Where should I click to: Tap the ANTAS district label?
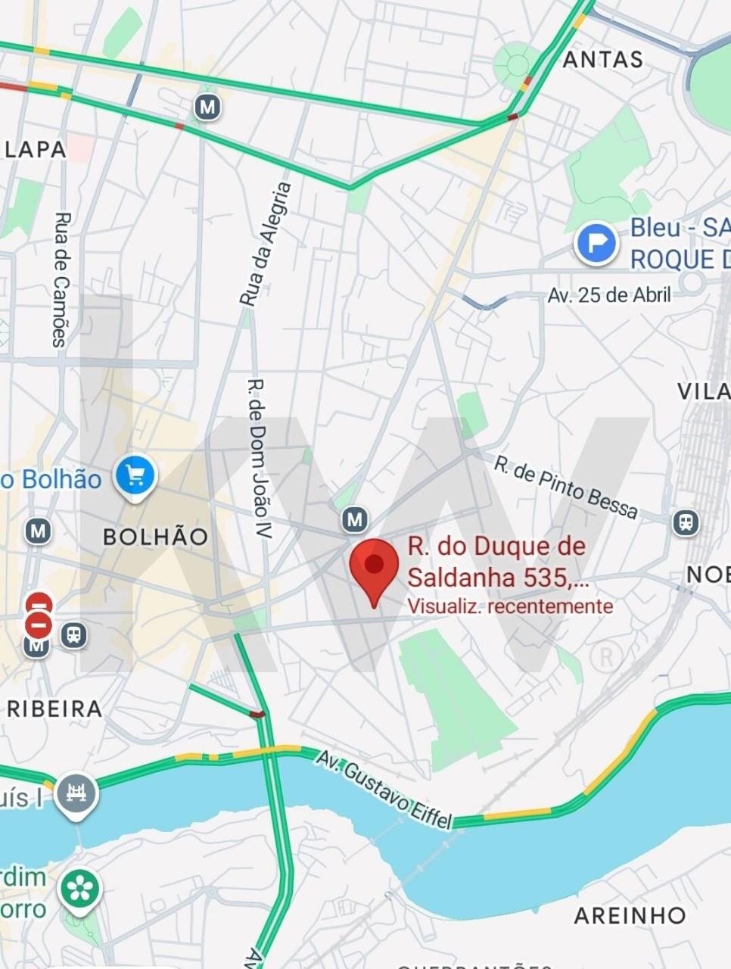(603, 60)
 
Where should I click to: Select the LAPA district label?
(35, 149)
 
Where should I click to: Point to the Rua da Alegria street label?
(265, 244)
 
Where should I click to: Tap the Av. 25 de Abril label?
(609, 294)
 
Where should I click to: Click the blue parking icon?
(596, 243)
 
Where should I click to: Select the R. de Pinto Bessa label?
(565, 487)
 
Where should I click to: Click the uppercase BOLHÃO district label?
(155, 537)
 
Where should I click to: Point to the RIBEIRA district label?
(54, 709)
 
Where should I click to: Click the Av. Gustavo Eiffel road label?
(384, 790)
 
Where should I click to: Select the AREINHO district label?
(630, 915)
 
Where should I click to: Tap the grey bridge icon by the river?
(76, 794)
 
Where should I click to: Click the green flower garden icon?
(80, 890)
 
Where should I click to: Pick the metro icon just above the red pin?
(354, 519)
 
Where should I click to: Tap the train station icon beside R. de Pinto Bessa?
(686, 522)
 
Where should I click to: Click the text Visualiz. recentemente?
(509, 606)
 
